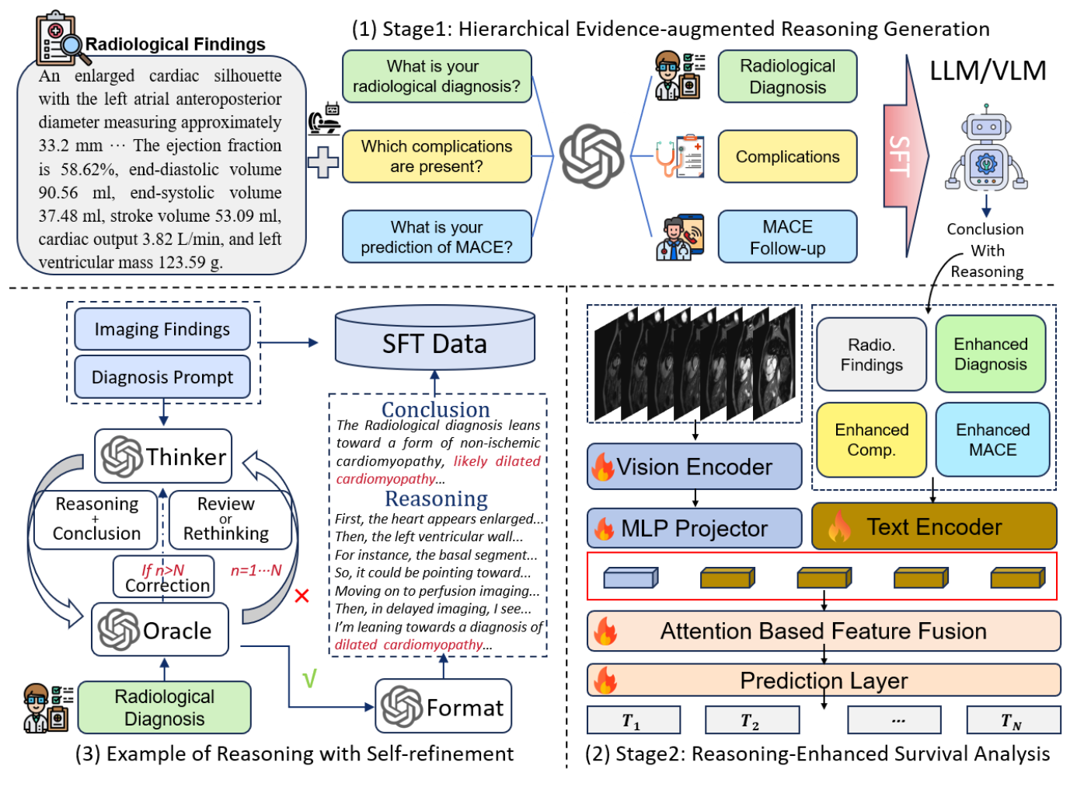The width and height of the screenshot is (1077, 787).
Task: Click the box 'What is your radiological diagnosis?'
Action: click(437, 76)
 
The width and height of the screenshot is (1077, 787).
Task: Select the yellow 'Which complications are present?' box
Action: click(437, 156)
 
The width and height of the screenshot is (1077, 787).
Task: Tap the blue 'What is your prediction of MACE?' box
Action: click(437, 236)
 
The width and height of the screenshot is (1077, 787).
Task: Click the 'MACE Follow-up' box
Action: click(787, 236)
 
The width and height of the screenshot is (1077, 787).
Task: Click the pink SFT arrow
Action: click(904, 156)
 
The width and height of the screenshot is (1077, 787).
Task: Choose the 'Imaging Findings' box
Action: click(162, 329)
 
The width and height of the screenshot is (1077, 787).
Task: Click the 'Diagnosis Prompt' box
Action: click(162, 377)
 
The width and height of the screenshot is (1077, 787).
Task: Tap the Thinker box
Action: click(164, 456)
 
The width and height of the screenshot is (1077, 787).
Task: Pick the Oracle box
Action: click(160, 630)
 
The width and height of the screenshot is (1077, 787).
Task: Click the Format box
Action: click(443, 706)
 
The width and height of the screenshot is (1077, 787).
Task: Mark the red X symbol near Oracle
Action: click(302, 596)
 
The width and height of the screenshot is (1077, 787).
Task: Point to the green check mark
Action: click(309, 680)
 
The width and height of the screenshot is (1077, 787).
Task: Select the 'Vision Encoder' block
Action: click(694, 467)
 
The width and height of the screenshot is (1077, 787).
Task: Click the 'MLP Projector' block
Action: click(694, 528)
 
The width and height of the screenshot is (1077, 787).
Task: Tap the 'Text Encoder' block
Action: click(933, 526)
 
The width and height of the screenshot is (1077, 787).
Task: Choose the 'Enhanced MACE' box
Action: click(992, 439)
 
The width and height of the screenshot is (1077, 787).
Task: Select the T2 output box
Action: click(751, 720)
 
